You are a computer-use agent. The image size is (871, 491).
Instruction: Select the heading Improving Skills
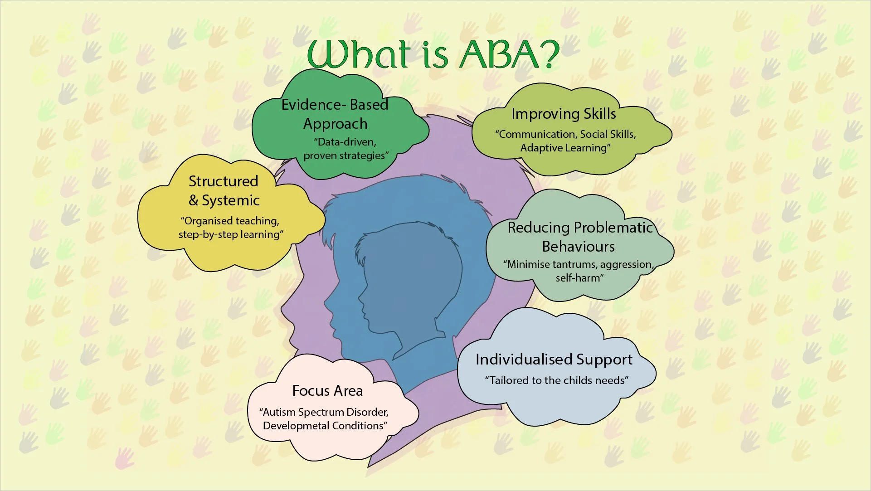click(564, 114)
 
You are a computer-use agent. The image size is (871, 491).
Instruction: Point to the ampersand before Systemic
click(194, 200)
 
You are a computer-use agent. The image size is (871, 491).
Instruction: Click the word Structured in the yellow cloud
click(223, 181)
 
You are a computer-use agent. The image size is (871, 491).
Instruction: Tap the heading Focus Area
click(327, 391)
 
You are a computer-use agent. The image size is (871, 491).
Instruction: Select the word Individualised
click(521, 360)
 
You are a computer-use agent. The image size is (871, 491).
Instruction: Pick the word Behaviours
click(578, 247)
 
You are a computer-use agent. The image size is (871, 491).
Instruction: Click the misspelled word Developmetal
click(296, 426)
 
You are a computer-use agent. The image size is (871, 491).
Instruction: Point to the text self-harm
click(579, 278)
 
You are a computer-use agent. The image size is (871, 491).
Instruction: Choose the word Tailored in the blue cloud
click(509, 380)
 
